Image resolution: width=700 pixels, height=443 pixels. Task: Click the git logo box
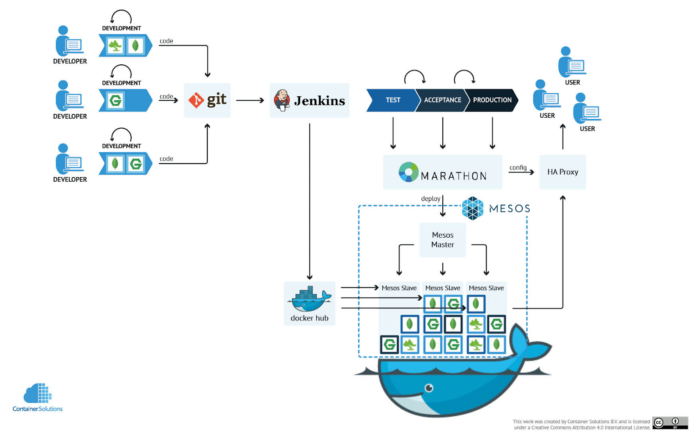(207, 100)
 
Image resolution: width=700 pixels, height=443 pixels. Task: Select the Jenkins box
(309, 100)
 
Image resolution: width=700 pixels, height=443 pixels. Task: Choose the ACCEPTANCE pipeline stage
(441, 100)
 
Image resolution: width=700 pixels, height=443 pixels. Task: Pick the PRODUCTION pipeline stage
(492, 100)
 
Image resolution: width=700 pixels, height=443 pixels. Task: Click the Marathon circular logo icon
(408, 172)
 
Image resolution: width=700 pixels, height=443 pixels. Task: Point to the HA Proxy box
(563, 172)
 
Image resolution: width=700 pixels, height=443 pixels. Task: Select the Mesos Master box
(442, 240)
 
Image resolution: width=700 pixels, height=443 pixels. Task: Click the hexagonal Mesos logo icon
(472, 208)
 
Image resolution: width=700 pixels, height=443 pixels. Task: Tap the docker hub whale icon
(309, 299)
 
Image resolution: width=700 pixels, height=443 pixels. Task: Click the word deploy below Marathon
(430, 199)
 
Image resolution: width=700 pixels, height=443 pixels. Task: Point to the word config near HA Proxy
(518, 168)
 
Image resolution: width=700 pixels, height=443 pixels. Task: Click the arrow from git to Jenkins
(250, 100)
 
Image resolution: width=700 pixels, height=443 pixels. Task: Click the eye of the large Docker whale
(429, 388)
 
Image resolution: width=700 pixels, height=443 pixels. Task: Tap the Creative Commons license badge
(670, 423)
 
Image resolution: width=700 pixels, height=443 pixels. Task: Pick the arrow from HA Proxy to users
(563, 137)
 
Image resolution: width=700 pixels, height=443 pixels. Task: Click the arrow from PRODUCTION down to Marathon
(492, 133)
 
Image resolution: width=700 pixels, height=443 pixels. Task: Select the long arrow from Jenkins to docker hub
(309, 201)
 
